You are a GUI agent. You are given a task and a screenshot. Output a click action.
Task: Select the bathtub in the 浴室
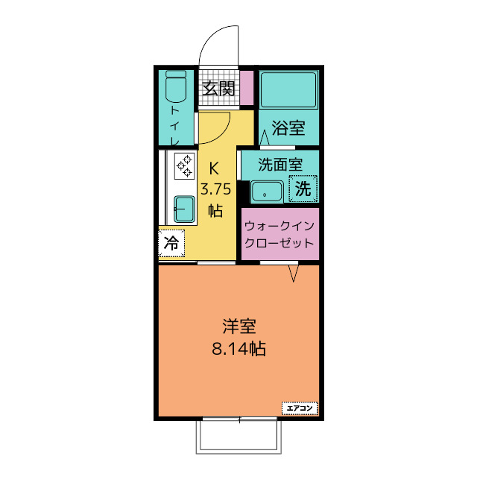pyautogui.click(x=288, y=89)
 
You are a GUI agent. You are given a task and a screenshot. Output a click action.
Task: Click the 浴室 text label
pyautogui.click(x=288, y=127)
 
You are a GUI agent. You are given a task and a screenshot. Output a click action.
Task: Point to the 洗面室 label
pyautogui.click(x=279, y=164)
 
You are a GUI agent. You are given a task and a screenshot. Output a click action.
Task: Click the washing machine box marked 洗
pyautogui.click(x=303, y=189)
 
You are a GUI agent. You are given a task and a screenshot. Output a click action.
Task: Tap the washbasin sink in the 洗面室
pyautogui.click(x=265, y=191)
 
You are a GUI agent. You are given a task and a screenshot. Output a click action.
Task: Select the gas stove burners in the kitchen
pyautogui.click(x=183, y=165)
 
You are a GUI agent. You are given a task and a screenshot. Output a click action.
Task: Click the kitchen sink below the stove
pyautogui.click(x=183, y=209)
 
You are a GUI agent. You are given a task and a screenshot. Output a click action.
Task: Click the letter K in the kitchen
pyautogui.click(x=214, y=168)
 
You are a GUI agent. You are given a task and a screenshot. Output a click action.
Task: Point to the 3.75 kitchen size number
pyautogui.click(x=215, y=189)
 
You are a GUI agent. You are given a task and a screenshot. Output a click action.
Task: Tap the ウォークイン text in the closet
pyautogui.click(x=279, y=224)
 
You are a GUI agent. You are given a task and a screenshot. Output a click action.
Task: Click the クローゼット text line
pyautogui.click(x=279, y=243)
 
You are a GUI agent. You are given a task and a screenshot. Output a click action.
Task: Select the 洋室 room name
pyautogui.click(x=239, y=326)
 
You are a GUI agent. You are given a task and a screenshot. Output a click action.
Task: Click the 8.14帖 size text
pyautogui.click(x=239, y=347)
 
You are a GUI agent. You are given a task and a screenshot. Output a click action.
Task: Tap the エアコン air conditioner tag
pyautogui.click(x=300, y=408)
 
